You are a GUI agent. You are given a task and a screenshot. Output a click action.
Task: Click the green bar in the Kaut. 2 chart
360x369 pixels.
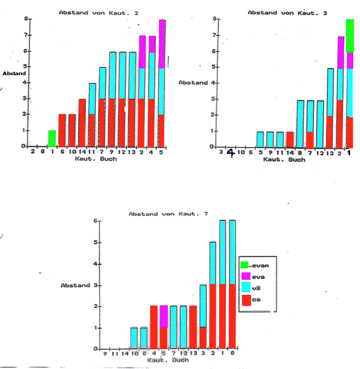[52, 138]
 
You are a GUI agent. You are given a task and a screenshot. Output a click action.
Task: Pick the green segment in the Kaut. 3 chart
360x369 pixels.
[350, 36]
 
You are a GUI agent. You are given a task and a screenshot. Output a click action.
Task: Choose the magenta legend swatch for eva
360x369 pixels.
[245, 277]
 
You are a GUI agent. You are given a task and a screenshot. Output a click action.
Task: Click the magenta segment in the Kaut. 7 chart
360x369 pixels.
[164, 317]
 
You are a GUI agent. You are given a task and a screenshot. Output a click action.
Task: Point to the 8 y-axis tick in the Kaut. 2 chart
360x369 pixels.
[26, 19]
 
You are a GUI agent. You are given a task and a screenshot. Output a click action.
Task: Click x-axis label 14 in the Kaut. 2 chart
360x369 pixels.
[82, 152]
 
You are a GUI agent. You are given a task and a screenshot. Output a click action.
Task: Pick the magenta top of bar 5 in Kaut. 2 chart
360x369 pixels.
[162, 44]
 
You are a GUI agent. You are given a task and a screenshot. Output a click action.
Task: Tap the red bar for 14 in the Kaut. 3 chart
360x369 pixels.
[290, 139]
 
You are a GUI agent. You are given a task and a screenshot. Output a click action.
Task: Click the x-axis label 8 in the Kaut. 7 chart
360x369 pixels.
[232, 355]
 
